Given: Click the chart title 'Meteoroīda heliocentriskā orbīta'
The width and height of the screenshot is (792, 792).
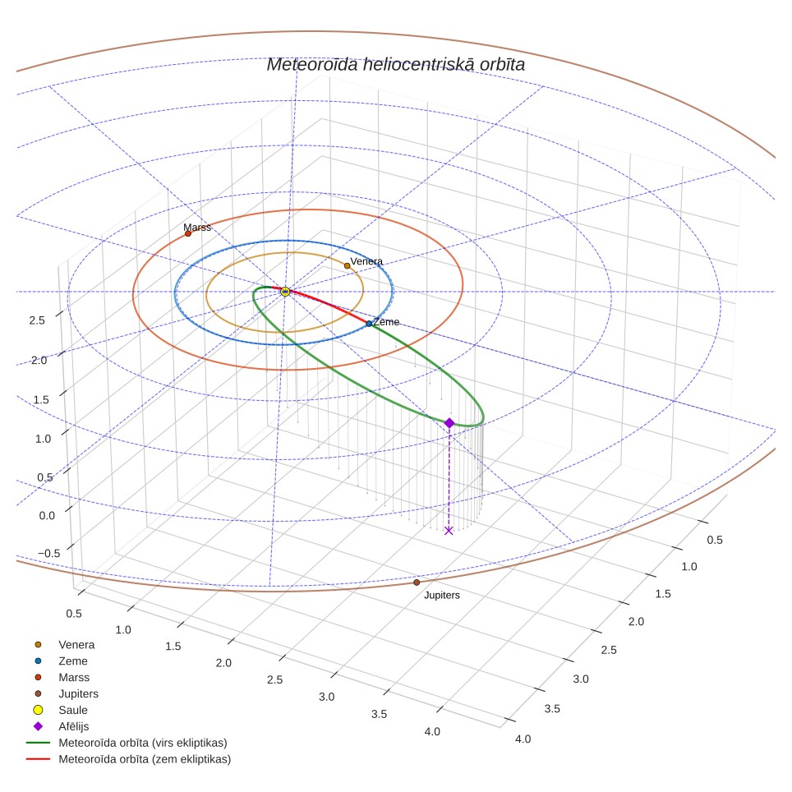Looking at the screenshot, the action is pos(395,65).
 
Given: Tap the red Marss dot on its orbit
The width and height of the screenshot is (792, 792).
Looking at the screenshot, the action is pos(188,233).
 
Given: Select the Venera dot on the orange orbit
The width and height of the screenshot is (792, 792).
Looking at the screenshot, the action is pos(347,265).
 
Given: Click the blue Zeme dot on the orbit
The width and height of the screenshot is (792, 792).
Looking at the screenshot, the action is pos(369,323).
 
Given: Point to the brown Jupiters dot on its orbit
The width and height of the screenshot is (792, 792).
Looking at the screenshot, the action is pos(417,582).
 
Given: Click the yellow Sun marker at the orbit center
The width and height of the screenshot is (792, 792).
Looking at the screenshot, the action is pos(285,292).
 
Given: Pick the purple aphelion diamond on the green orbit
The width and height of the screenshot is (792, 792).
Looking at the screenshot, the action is pos(449,423).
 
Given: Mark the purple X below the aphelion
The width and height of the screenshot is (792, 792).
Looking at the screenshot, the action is pos(449,531).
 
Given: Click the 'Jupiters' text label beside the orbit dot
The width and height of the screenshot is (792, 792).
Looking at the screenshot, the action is pos(442,595).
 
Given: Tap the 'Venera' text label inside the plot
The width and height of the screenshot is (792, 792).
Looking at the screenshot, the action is pos(366,261).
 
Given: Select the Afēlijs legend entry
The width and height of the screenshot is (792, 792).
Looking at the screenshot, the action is pos(61,726).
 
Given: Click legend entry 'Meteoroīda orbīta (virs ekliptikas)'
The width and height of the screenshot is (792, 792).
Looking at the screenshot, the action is pos(127,743).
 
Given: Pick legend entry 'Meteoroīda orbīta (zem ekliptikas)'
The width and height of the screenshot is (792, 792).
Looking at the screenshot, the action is pos(128,759).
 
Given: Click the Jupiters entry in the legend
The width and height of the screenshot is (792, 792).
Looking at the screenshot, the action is pos(66,693).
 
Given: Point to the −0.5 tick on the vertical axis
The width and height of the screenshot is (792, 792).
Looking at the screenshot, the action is pos(49,553).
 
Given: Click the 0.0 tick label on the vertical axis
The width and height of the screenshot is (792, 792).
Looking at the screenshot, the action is pos(47,515).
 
